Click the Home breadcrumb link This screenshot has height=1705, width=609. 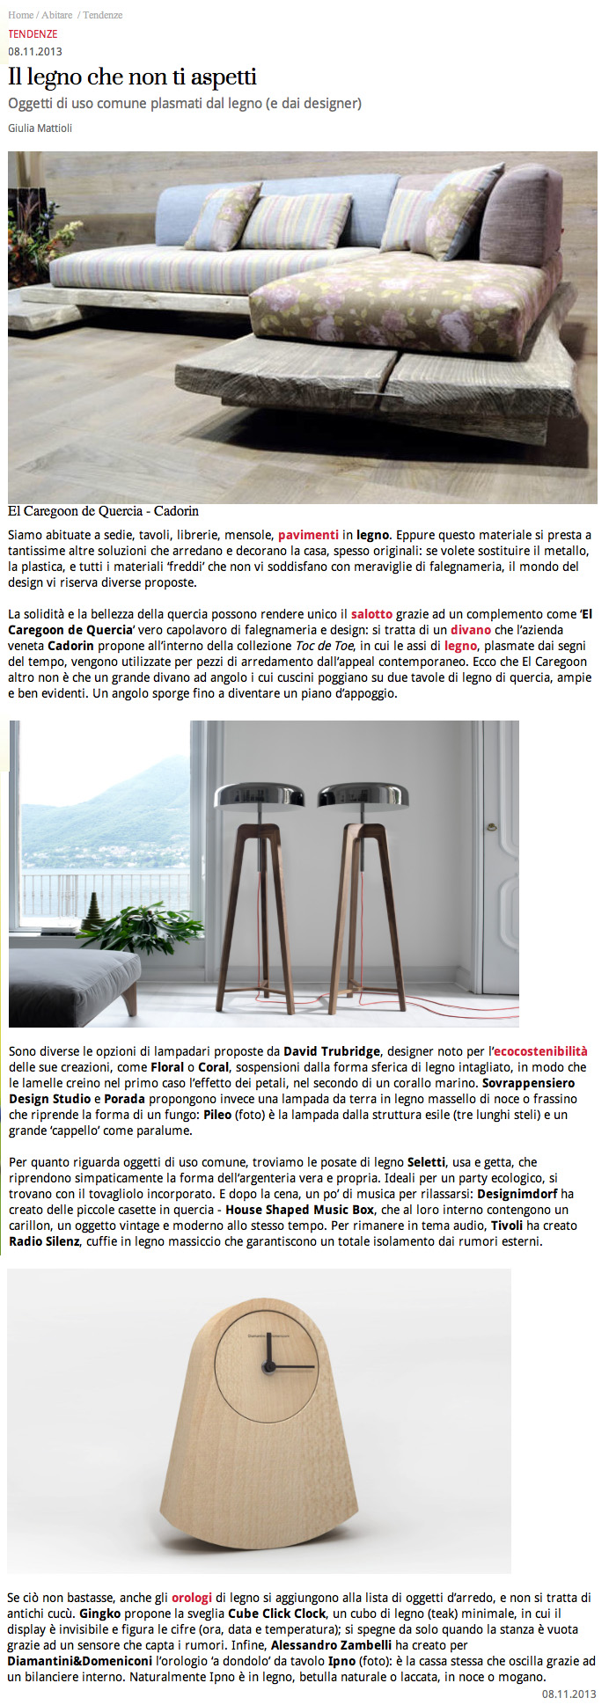tap(20, 15)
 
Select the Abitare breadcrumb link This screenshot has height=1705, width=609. tap(56, 15)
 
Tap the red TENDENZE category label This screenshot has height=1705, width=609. tap(33, 33)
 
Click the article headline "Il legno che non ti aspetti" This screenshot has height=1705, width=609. tap(132, 77)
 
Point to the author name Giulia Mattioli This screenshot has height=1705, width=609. tap(40, 128)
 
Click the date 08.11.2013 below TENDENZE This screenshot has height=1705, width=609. tap(34, 51)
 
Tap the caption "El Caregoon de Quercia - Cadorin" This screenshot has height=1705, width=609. tap(103, 510)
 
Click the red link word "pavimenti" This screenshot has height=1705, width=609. tap(308, 535)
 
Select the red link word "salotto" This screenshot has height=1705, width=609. tap(371, 614)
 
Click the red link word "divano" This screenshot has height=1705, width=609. tap(471, 630)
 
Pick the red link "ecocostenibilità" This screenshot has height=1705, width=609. tap(539, 1051)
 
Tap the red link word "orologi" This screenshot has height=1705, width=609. tap(191, 1598)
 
